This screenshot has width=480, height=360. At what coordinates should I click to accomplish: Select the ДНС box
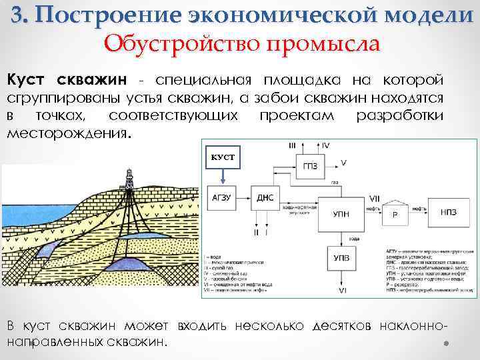[265, 198]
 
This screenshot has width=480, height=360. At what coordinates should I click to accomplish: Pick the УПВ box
[341, 257]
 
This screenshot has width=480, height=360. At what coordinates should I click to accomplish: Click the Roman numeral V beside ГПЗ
[343, 162]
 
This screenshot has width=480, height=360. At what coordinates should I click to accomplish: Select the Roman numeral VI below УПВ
[342, 291]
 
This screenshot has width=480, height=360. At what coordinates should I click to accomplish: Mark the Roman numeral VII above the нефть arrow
[374, 199]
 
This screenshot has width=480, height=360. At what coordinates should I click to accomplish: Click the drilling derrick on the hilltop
[127, 179]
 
